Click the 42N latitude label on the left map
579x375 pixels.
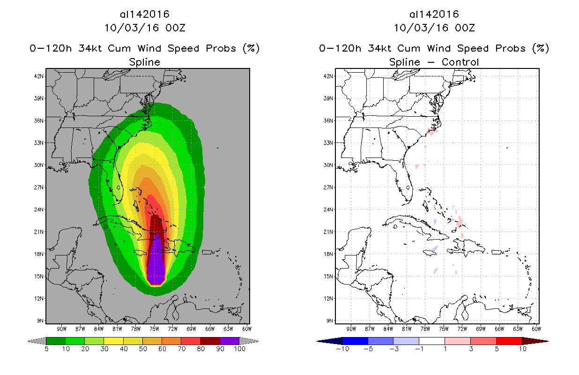click(40, 76)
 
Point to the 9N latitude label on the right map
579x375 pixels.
click(330, 321)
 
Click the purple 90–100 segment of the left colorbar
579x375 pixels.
click(230, 341)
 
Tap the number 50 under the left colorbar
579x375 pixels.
click(142, 349)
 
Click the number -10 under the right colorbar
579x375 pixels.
click(342, 349)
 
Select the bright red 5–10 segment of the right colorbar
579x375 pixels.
click(509, 341)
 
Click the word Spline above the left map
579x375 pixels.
click(144, 62)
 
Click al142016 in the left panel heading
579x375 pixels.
click(144, 14)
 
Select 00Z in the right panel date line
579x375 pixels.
click(465, 28)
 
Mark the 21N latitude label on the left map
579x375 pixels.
click(40, 232)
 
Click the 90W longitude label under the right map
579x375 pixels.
click(351, 328)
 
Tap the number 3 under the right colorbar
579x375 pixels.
click(470, 349)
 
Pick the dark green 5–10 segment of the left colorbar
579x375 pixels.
click(56, 341)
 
